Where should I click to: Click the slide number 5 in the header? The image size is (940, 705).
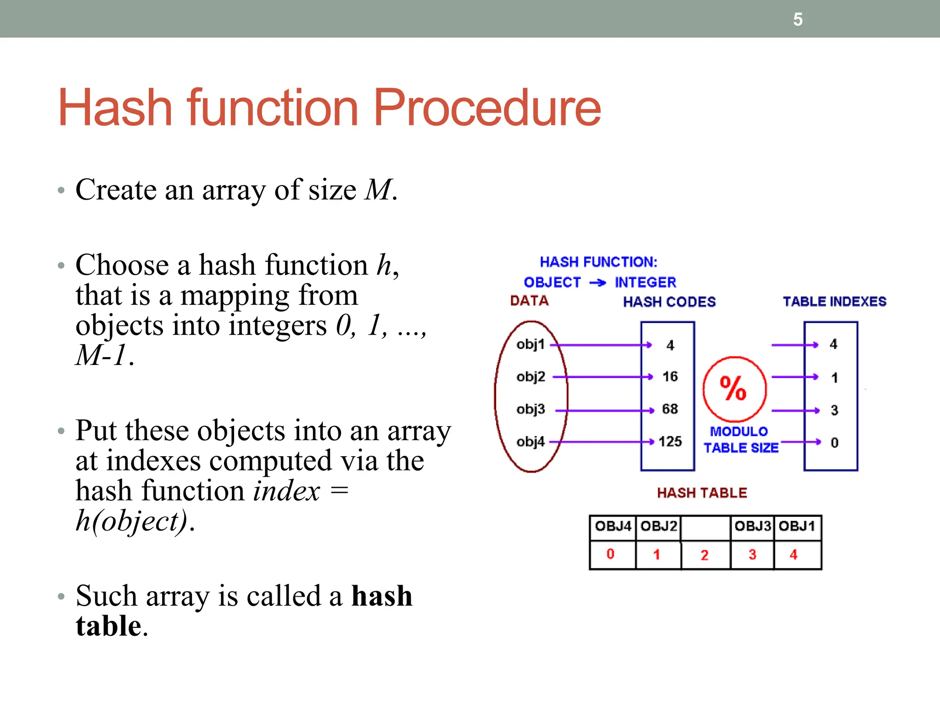pos(798,20)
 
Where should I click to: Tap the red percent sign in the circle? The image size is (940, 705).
pos(733,388)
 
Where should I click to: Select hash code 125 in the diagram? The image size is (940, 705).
pos(670,442)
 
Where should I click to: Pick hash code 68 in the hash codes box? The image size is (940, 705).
pos(670,409)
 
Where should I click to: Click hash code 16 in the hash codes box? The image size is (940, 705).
pos(670,377)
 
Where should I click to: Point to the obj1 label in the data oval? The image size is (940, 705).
pos(530,344)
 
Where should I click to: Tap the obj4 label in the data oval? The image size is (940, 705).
pos(530,442)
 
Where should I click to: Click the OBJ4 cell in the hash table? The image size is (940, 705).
pos(613,526)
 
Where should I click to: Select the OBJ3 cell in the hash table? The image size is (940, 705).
pos(752,526)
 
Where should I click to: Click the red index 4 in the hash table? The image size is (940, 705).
pos(794,554)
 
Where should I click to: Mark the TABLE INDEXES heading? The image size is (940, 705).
pos(834,302)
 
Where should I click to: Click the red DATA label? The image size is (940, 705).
pos(529,301)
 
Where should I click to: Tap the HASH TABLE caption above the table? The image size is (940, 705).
pos(702,493)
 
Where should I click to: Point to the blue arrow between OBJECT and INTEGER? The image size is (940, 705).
pos(598,283)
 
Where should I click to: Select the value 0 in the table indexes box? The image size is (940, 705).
pos(834,443)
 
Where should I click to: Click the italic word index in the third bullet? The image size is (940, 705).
pos(286,491)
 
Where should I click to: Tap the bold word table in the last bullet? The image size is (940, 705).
pos(108,626)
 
